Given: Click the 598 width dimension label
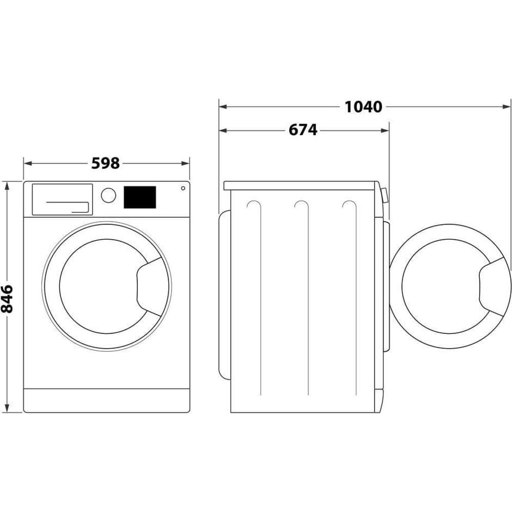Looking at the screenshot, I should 105,163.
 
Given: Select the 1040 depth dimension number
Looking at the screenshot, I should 363,107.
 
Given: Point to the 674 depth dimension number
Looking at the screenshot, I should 303,130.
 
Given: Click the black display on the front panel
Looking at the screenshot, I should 139,197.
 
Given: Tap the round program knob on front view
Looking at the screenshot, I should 108,195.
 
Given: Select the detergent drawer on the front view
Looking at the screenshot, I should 62,199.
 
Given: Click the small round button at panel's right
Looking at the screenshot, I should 182,188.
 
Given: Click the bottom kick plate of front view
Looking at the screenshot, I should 107,400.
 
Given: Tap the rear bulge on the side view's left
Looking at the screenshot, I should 223,294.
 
